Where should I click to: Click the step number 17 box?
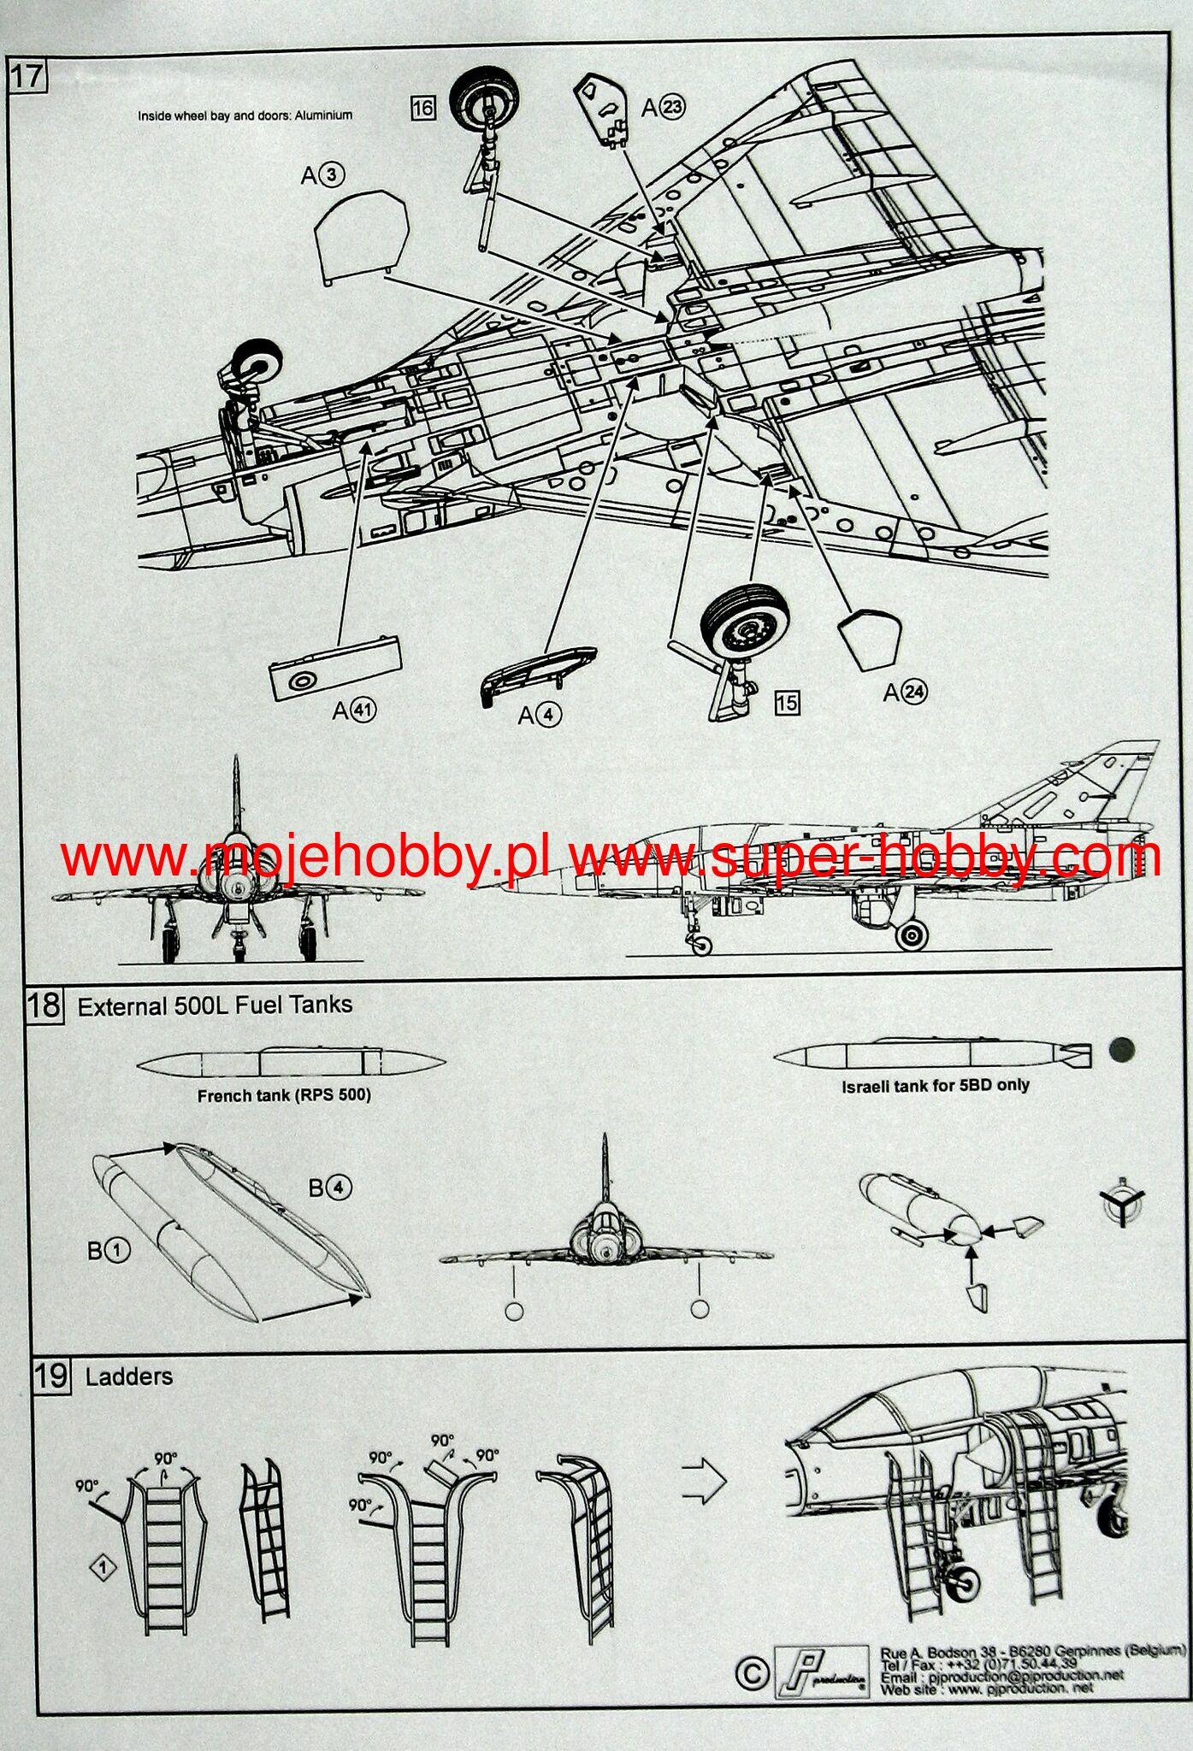point(26,75)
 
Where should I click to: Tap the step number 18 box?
point(44,1003)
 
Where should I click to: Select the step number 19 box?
point(50,1376)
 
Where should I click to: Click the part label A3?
point(322,175)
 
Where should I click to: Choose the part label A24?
point(905,692)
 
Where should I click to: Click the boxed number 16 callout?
point(422,108)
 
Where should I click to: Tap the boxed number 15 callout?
point(786,703)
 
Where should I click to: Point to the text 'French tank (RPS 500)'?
point(284,1095)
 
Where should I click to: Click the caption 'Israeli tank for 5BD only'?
point(935,1086)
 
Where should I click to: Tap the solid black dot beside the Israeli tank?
point(1121,1050)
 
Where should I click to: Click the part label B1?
point(109,1251)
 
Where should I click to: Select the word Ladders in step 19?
point(129,1377)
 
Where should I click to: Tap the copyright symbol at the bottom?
point(753,1673)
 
